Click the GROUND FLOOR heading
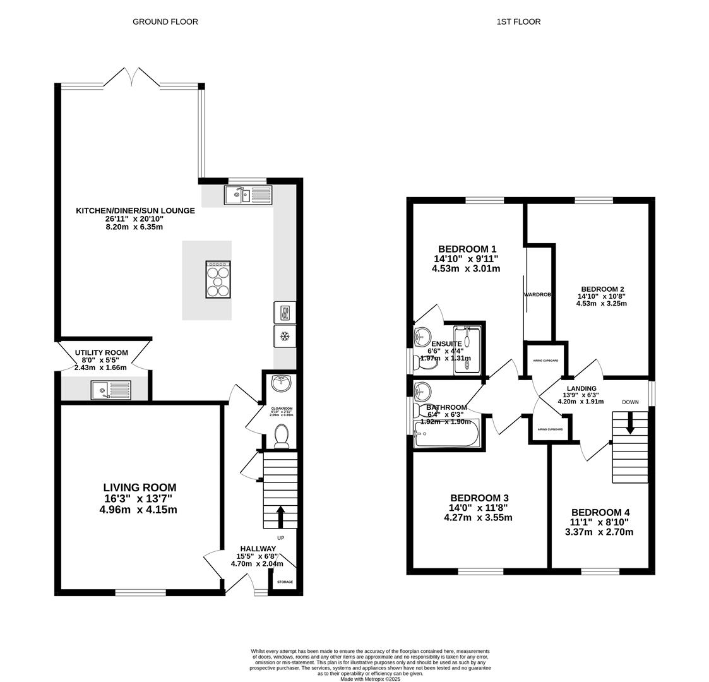click(165, 21)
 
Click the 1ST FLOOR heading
click(518, 21)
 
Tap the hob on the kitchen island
click(218, 279)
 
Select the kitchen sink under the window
click(247, 195)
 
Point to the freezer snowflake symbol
click(285, 336)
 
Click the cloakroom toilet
click(282, 436)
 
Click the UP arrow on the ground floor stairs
click(280, 515)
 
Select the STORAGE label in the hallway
click(285, 582)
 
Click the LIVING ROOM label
click(140, 488)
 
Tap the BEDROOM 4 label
click(600, 512)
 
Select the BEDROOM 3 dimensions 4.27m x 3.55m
click(478, 518)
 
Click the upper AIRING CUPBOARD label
click(545, 361)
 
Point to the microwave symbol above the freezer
click(285, 312)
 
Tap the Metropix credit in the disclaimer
click(371, 679)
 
